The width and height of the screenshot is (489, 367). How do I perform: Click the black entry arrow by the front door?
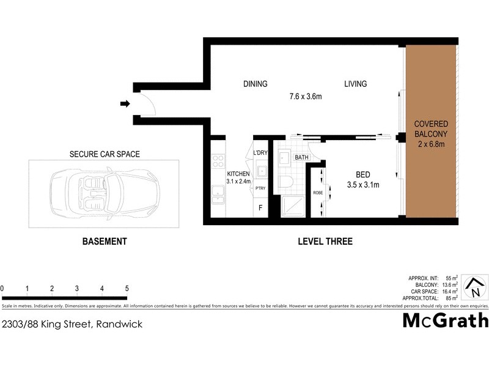click(125, 105)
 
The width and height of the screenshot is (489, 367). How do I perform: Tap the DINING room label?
click(255, 84)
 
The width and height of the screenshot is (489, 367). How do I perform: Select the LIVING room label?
click(355, 84)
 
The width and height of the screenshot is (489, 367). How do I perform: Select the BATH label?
click(302, 157)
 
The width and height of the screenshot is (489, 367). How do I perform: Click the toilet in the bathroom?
click(287, 181)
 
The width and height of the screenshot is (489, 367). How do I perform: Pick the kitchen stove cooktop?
click(217, 161)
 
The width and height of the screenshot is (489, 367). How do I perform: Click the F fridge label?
click(260, 208)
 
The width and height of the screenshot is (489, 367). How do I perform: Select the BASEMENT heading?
click(105, 242)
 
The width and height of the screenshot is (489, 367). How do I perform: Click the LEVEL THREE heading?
click(325, 242)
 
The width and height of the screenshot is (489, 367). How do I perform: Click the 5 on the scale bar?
click(127, 288)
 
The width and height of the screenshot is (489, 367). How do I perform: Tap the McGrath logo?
click(445, 320)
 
